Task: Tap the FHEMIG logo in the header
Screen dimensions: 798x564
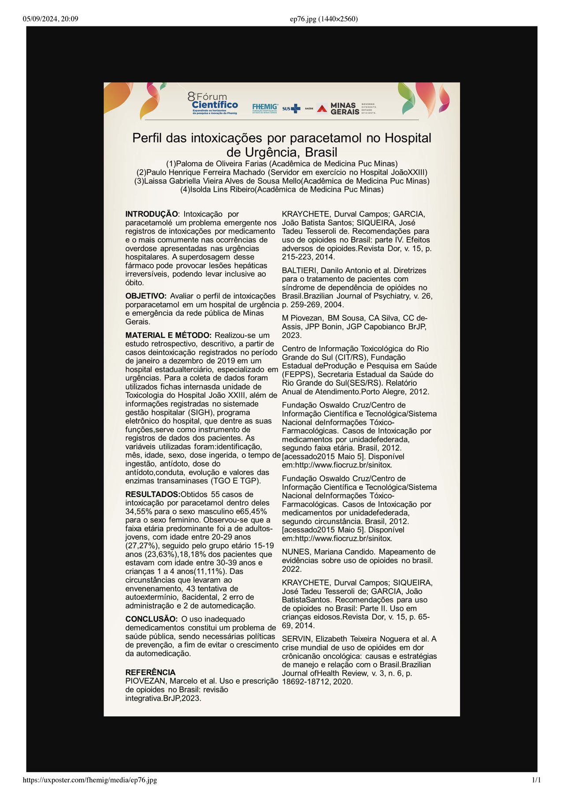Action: (265, 108)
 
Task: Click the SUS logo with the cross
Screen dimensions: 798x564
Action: (291, 108)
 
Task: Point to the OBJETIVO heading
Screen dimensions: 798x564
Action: (146, 296)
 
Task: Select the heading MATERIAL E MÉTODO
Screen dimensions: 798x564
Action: (168, 335)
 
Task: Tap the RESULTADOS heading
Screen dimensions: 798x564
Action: (152, 494)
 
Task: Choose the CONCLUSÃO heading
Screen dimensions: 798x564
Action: (151, 619)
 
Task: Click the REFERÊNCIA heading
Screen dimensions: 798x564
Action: (150, 672)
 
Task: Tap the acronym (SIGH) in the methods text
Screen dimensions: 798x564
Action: (188, 412)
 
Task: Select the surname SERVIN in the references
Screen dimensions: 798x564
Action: (297, 639)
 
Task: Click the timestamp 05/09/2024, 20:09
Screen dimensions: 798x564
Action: (50, 19)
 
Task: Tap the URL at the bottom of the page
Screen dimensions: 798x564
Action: (89, 780)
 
